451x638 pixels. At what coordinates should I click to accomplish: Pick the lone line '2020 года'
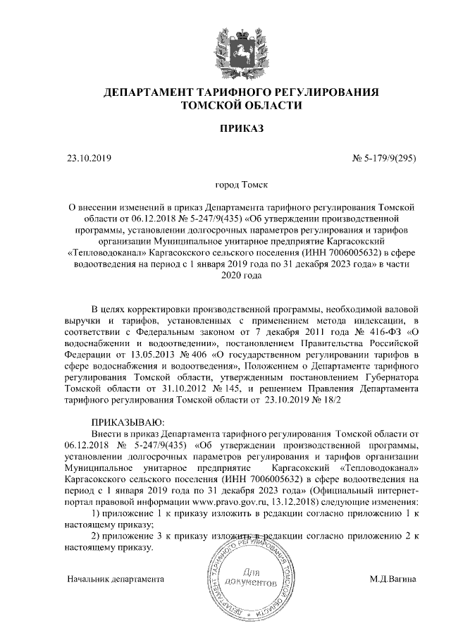pyautogui.click(x=241, y=275)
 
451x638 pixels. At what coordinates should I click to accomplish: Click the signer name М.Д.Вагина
pyautogui.click(x=393, y=579)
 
